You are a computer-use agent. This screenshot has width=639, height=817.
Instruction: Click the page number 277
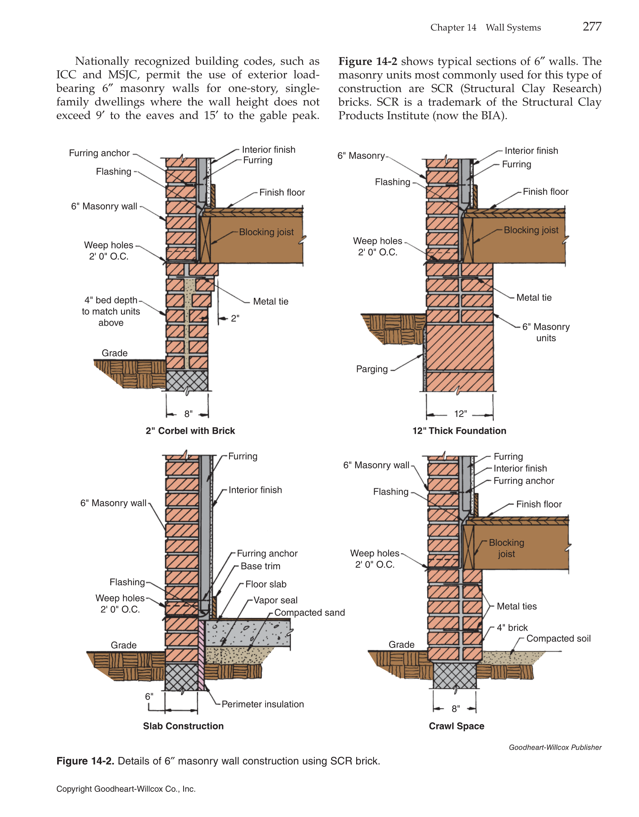tap(592, 27)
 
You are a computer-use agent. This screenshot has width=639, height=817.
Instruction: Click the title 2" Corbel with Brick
tap(190, 431)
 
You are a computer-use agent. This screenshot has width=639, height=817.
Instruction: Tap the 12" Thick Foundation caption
tap(459, 431)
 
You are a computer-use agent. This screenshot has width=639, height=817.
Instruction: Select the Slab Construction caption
tap(183, 726)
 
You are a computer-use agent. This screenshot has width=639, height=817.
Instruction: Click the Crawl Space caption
tap(456, 726)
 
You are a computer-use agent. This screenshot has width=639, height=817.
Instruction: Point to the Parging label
tap(372, 369)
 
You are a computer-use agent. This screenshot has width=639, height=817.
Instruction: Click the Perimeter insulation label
tap(263, 704)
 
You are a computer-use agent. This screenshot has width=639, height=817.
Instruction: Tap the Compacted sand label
tap(309, 613)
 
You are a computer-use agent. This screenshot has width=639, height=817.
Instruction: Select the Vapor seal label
tap(275, 600)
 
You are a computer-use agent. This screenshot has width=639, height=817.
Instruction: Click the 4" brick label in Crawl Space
tap(512, 628)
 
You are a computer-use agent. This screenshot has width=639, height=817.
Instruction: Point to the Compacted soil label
tap(558, 639)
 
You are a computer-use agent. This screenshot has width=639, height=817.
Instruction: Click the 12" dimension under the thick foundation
tap(460, 414)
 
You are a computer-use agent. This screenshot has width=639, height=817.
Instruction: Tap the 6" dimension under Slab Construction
tap(149, 697)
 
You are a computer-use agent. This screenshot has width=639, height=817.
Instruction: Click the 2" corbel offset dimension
tap(235, 319)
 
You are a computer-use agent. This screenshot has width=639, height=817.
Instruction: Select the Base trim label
tap(260, 566)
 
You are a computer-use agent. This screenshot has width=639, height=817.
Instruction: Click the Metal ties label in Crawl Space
tap(516, 606)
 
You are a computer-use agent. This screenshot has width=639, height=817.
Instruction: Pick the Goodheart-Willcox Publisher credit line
tap(555, 748)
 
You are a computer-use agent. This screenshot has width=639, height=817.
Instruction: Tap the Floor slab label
tap(266, 584)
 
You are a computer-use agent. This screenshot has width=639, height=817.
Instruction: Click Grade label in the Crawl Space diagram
tap(401, 645)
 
